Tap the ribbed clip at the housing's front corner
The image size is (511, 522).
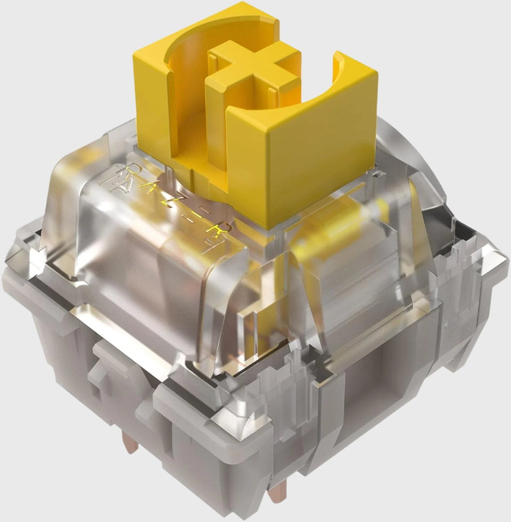pyautogui.click(x=279, y=389)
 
